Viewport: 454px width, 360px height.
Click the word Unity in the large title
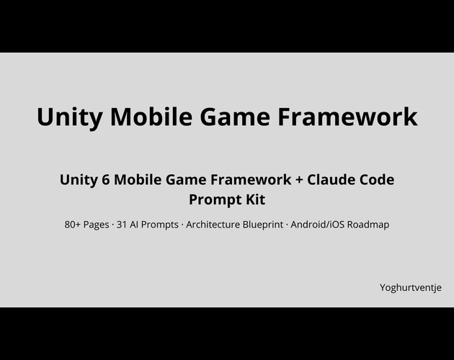click(x=69, y=117)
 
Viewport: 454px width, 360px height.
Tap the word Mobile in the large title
click(x=151, y=116)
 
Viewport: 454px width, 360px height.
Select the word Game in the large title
click(x=235, y=117)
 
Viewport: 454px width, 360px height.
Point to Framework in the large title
click(x=347, y=116)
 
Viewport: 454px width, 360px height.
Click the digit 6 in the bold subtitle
click(x=106, y=180)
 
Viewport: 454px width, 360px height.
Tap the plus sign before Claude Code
click(x=299, y=180)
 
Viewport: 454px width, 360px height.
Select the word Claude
click(x=331, y=179)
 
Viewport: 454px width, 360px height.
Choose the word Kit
click(x=256, y=199)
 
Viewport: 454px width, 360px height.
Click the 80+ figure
click(x=72, y=225)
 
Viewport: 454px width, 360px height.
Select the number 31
click(x=122, y=225)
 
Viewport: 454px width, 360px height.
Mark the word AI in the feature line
click(x=134, y=225)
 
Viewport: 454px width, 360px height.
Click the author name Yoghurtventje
click(x=411, y=288)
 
